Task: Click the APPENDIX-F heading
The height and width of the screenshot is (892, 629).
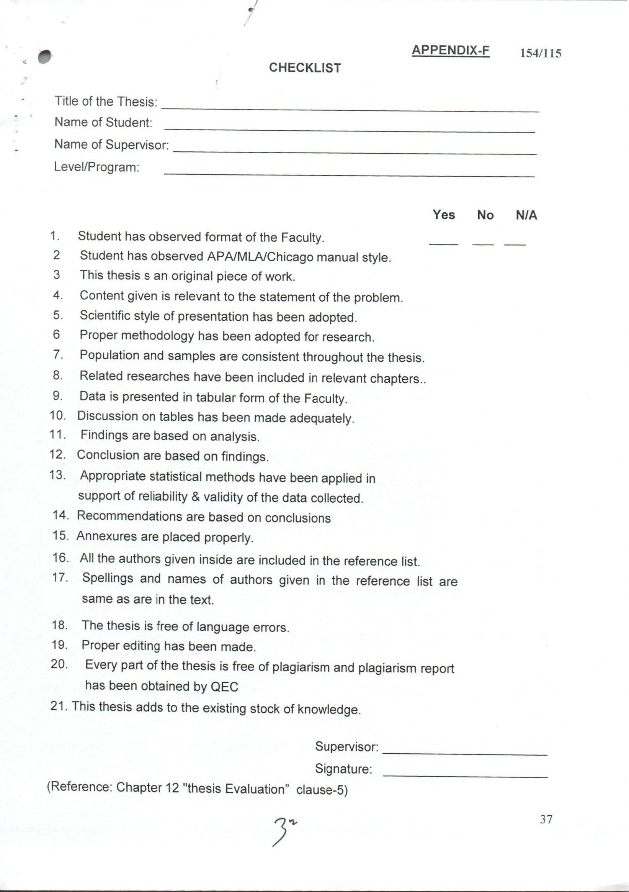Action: click(450, 51)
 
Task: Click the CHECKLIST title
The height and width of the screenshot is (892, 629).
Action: click(305, 68)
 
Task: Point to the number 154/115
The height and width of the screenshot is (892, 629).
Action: click(541, 53)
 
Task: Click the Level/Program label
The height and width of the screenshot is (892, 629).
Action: click(97, 167)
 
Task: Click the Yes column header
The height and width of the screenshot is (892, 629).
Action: click(443, 215)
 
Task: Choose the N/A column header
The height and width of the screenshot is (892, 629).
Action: click(526, 215)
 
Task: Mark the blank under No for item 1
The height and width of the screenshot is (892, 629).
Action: click(483, 244)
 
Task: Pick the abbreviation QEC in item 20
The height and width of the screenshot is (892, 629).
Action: click(224, 687)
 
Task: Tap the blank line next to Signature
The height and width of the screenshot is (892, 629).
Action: click(465, 776)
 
